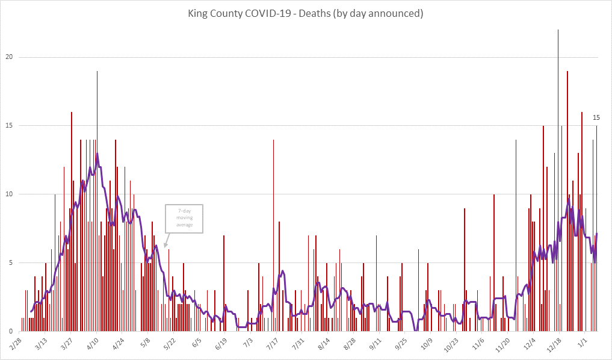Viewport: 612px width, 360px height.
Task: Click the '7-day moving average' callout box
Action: [x=185, y=218]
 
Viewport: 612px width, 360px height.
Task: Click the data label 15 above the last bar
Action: [x=596, y=117]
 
